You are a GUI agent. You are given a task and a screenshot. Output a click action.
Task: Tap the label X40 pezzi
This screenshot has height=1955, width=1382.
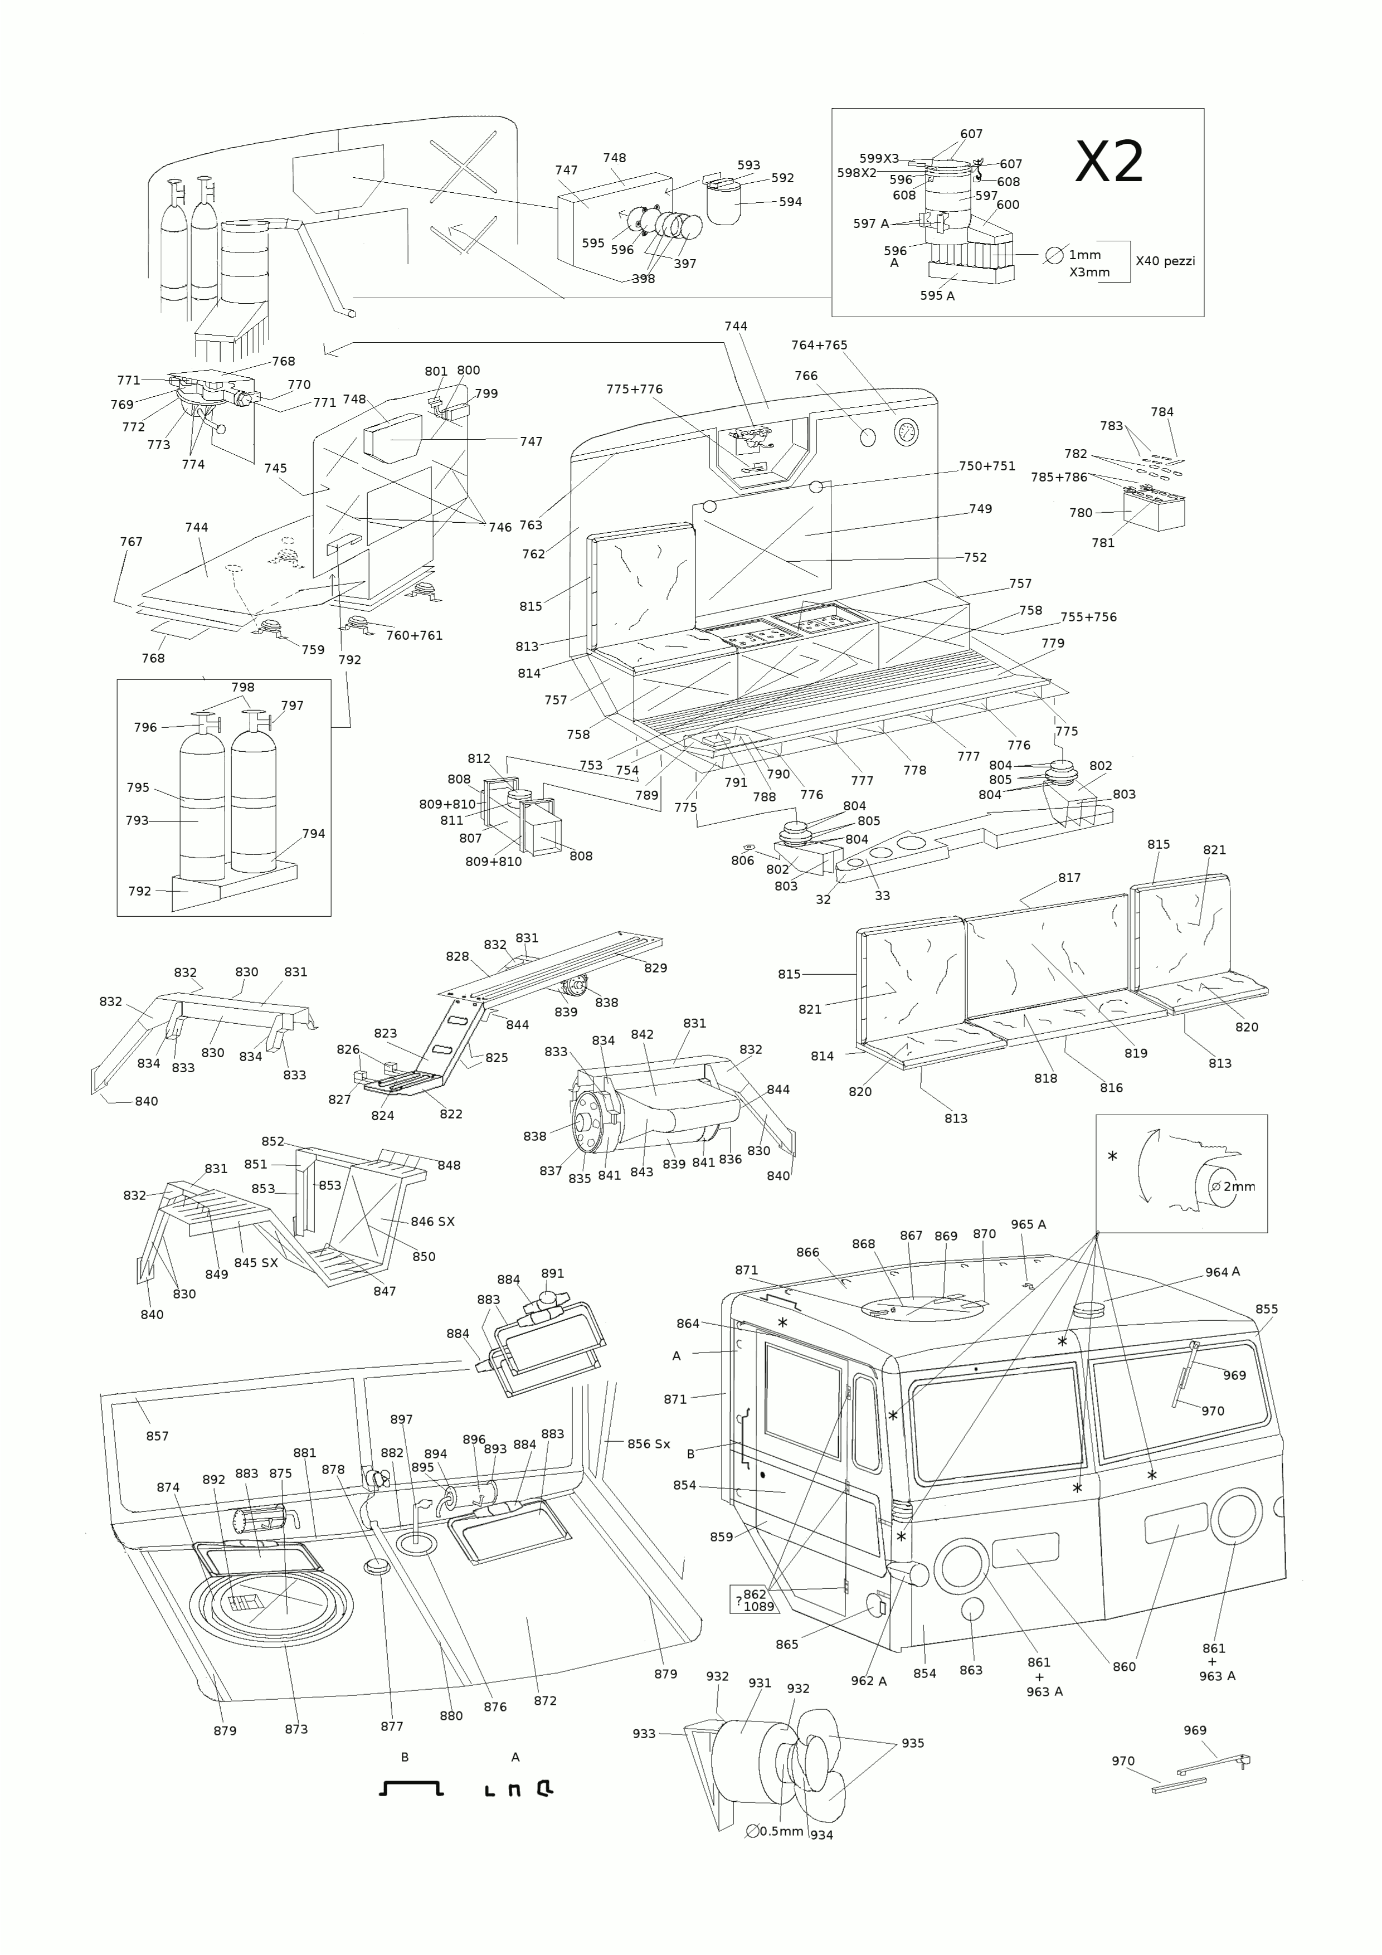coord(1165,261)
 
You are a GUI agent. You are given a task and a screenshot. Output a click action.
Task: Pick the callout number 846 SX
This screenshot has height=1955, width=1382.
coord(432,1221)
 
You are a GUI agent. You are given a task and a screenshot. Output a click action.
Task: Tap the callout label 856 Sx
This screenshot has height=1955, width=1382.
coord(649,1443)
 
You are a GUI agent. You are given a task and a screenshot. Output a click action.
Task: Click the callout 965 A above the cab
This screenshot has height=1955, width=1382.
coord(1029,1224)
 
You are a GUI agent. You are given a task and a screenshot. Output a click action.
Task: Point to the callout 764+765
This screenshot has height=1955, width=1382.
coord(819,345)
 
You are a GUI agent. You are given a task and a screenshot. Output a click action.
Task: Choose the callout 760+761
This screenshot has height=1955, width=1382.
coord(414,635)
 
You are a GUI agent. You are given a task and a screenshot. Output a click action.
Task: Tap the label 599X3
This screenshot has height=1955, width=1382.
coord(879,158)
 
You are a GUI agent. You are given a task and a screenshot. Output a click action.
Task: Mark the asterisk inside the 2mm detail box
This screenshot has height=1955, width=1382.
coord(1112,1157)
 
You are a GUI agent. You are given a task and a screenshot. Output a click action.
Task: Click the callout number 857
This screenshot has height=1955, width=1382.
coord(158,1436)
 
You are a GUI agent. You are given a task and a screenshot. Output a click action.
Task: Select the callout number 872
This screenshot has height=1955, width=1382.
coord(545,1700)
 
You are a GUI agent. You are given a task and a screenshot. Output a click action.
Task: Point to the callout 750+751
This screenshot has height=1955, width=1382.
coord(987,466)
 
